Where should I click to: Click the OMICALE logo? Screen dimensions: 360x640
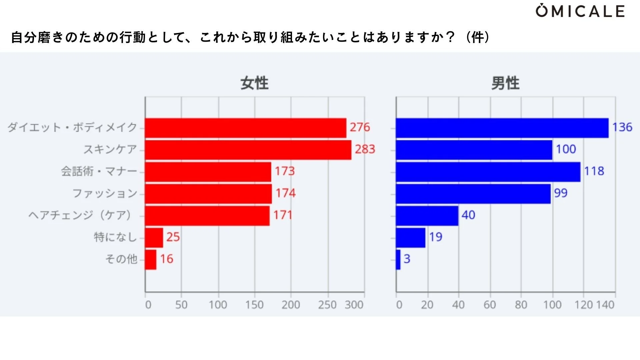pyautogui.click(x=580, y=11)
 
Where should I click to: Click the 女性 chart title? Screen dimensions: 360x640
pyautogui.click(x=254, y=83)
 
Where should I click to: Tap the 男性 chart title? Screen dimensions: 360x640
pyautogui.click(x=505, y=83)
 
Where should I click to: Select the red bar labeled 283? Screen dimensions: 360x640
pyautogui.click(x=248, y=150)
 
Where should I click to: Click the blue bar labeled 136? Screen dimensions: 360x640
pyautogui.click(x=502, y=128)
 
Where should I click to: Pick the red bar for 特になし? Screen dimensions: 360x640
pyautogui.click(x=154, y=238)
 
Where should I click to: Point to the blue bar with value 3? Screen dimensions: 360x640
pyautogui.click(x=398, y=260)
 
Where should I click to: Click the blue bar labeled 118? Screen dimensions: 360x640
pyautogui.click(x=488, y=172)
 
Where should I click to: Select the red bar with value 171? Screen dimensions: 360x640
pyautogui.click(x=207, y=216)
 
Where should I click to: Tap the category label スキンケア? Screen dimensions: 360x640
pyautogui.click(x=110, y=149)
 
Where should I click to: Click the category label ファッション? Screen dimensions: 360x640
pyautogui.click(x=105, y=193)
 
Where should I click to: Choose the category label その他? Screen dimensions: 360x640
pyautogui.click(x=121, y=259)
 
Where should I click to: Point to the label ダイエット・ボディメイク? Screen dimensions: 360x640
pyautogui.click(x=72, y=127)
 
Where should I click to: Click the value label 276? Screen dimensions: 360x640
pyautogui.click(x=360, y=127)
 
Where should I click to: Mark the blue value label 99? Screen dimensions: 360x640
pyautogui.click(x=561, y=193)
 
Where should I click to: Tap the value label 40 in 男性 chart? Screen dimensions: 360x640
pyautogui.click(x=468, y=215)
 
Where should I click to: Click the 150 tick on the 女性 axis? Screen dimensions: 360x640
pyautogui.click(x=254, y=305)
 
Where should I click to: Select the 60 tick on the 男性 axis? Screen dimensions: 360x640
pyautogui.click(x=490, y=305)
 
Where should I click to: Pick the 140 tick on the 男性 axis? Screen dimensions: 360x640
pyautogui.click(x=605, y=305)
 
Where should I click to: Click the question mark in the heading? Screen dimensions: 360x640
pyautogui.click(x=450, y=37)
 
